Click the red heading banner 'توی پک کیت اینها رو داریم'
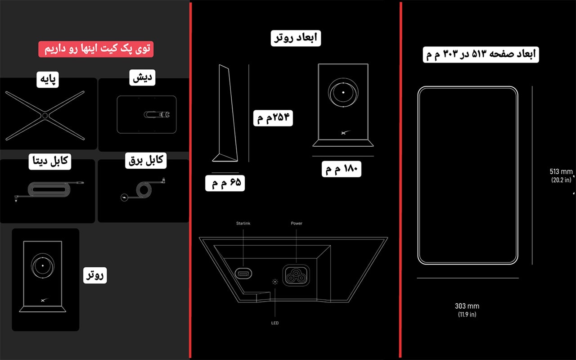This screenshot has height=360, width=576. [96, 49]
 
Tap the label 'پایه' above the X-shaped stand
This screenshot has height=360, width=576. [48, 80]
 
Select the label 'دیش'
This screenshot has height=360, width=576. [142, 77]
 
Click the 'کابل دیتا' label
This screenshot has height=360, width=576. [50, 161]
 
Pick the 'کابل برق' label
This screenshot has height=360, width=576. [146, 161]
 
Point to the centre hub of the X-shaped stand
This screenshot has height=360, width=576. [45, 116]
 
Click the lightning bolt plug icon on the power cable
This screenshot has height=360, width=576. [125, 198]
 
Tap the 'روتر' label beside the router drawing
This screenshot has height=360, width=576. [95, 275]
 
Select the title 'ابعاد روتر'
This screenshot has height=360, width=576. [296, 38]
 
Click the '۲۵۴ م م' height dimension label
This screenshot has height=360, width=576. [273, 118]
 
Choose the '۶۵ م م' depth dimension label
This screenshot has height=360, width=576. [225, 183]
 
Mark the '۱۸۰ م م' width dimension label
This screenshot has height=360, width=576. [342, 169]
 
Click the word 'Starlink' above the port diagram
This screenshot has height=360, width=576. [243, 223]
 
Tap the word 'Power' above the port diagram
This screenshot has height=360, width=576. [297, 223]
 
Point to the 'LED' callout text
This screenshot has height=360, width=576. [275, 323]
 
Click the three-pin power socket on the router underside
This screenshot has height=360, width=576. [296, 275]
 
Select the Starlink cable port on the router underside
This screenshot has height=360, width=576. [243, 273]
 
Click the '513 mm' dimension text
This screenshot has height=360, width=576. [561, 171]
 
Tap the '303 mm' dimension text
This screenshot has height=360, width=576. [467, 306]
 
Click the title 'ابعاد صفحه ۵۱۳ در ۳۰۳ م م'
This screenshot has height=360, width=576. [481, 54]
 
